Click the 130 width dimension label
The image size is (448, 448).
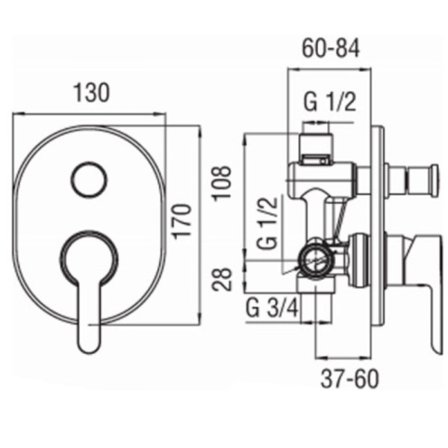tap(91, 93)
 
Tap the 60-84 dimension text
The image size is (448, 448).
tap(331, 48)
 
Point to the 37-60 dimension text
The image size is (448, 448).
tap(349, 379)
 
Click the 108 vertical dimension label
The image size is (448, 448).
tap(221, 184)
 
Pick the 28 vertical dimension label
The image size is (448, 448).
tap(222, 279)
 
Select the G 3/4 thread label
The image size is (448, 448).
tap(273, 308)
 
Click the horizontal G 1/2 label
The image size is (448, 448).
tap(330, 102)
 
